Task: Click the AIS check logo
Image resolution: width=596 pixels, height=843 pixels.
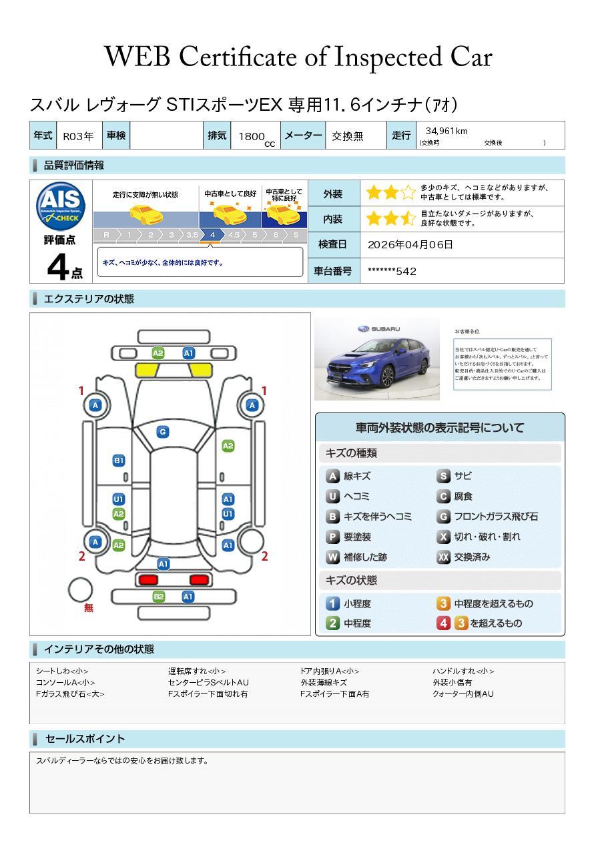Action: click(x=61, y=206)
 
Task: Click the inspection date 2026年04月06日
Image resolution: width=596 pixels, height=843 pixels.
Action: click(x=410, y=244)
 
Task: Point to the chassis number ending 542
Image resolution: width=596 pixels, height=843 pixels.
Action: click(x=392, y=271)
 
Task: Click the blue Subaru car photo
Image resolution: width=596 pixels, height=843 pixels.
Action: click(x=376, y=359)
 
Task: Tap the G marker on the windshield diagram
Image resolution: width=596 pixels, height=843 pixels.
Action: click(x=162, y=432)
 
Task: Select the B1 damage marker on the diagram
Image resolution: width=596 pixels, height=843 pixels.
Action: click(x=119, y=461)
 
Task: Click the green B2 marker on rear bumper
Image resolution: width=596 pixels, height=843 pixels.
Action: click(x=159, y=597)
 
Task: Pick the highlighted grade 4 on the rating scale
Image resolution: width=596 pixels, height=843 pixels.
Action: click(x=212, y=235)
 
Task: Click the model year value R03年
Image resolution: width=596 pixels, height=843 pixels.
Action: click(x=78, y=136)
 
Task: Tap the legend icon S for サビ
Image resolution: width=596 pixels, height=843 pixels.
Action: click(x=443, y=476)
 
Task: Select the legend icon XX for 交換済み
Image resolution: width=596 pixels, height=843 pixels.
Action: click(x=443, y=557)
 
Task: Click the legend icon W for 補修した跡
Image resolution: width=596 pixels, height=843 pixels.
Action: click(x=332, y=557)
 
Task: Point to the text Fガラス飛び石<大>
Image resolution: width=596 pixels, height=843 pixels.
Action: click(x=70, y=694)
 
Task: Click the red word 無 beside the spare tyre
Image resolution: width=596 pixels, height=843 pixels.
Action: click(x=89, y=608)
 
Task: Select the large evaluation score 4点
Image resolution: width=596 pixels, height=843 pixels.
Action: click(x=64, y=267)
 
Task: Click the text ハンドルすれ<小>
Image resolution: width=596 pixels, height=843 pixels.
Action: click(x=463, y=671)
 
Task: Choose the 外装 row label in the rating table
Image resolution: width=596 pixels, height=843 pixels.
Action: click(x=332, y=194)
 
